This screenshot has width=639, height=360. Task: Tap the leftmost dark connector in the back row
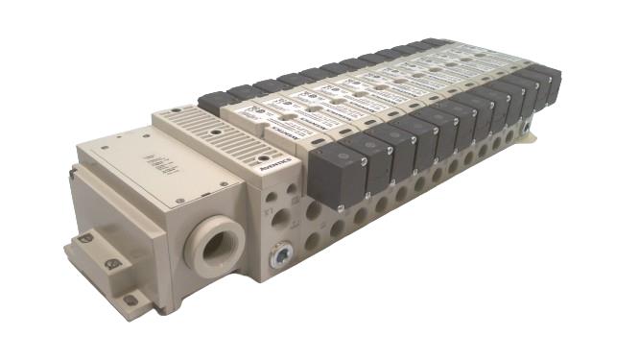pyautogui.click(x=218, y=102)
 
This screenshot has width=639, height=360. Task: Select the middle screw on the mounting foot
pyautogui.click(x=112, y=263)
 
